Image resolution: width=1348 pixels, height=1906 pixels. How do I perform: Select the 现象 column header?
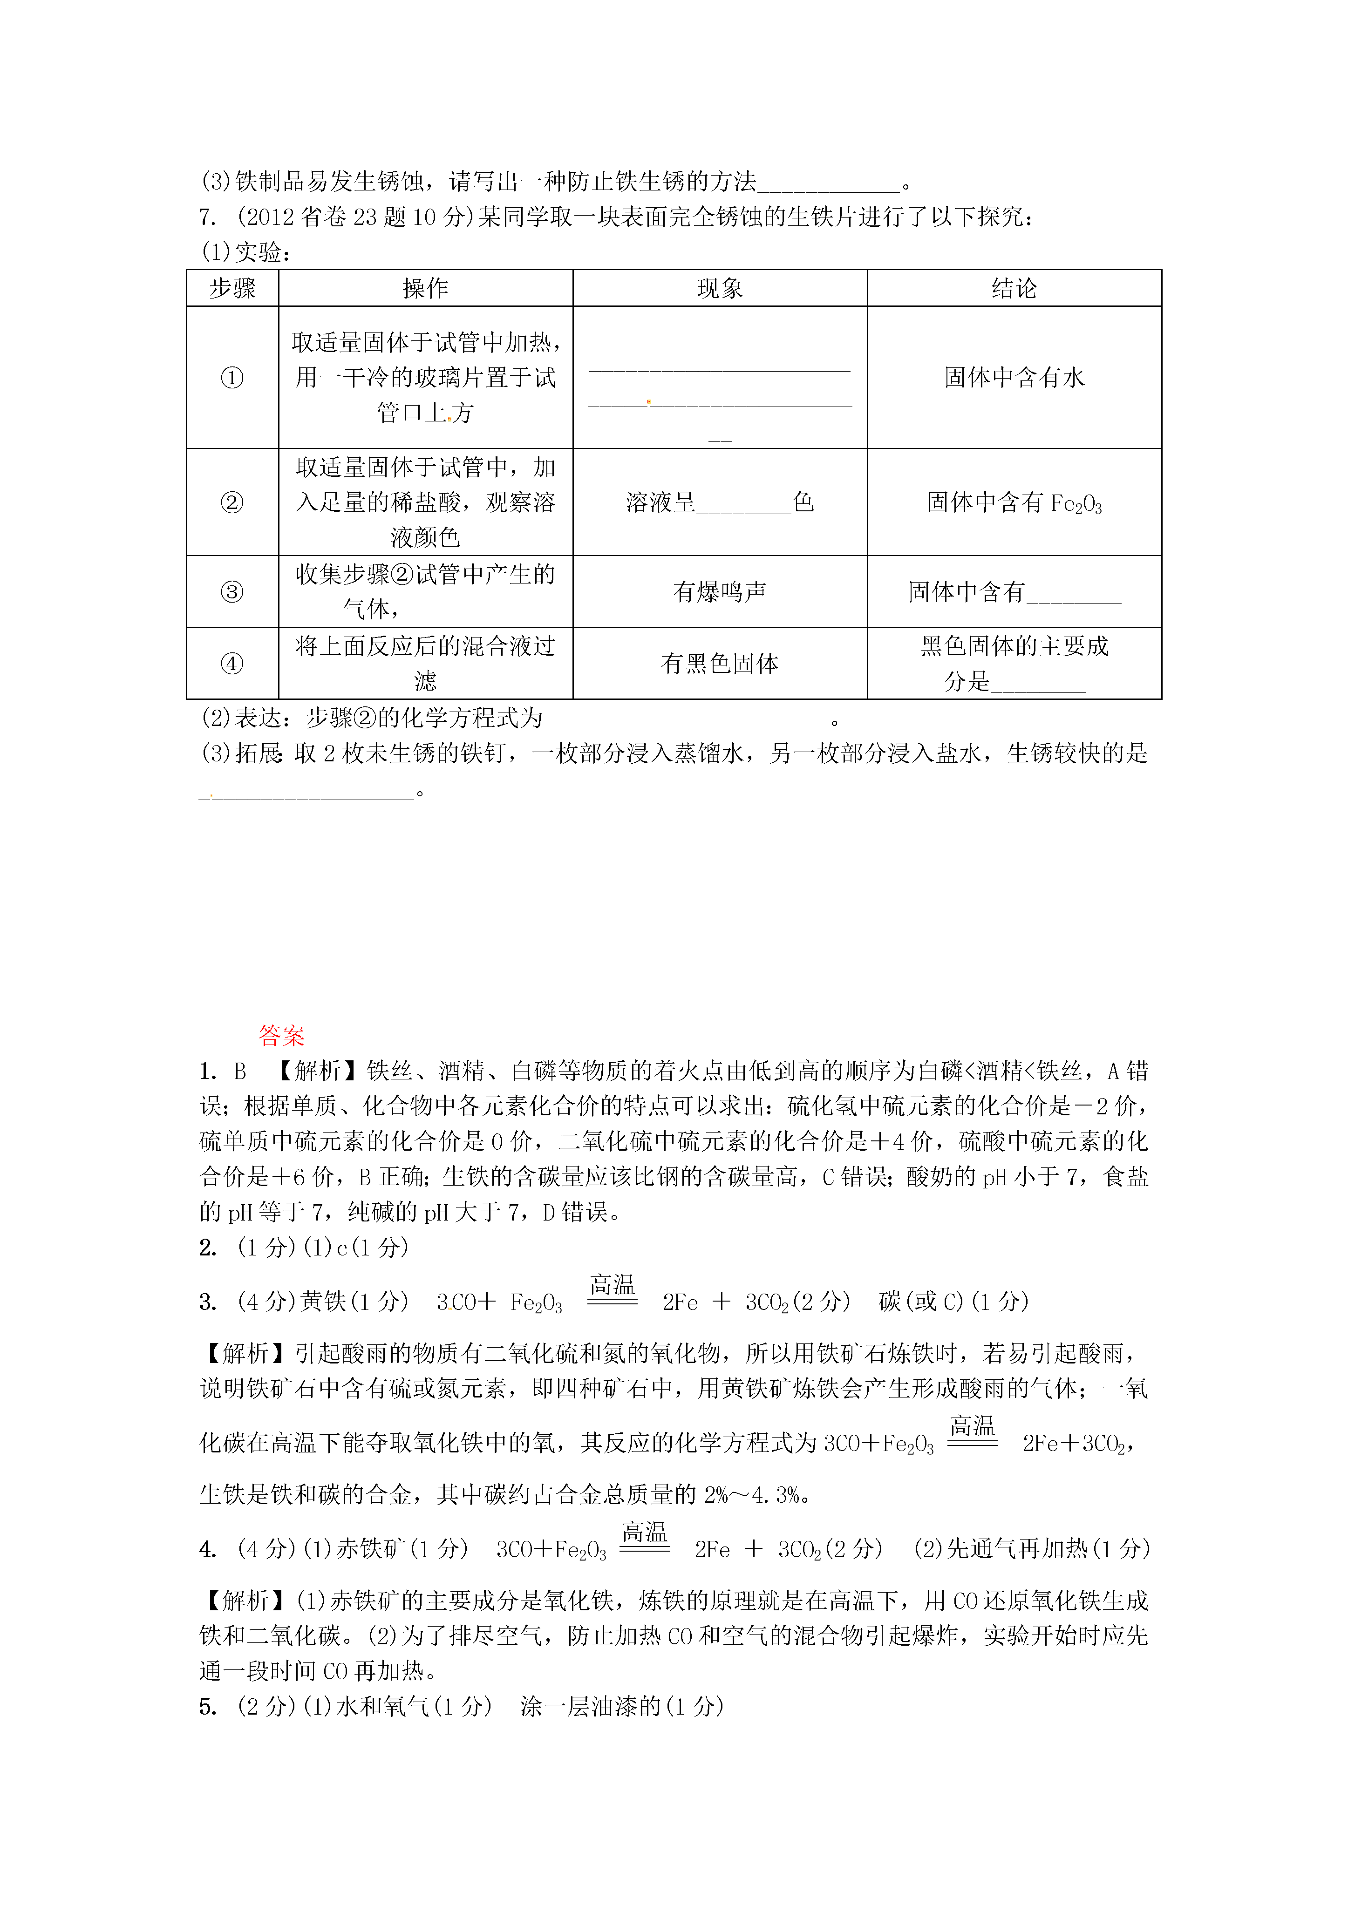pos(719,288)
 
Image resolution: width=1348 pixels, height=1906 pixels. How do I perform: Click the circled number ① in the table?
pos(231,378)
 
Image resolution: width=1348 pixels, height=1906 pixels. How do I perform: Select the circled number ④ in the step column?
pos(231,663)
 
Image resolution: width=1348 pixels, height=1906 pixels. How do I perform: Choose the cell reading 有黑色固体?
pos(719,663)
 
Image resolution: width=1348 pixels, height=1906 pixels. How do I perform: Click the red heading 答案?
pos(281,1035)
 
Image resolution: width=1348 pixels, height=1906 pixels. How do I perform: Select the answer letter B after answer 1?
pos(240,1072)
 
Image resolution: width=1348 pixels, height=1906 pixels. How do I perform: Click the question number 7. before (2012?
pos(208,217)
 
